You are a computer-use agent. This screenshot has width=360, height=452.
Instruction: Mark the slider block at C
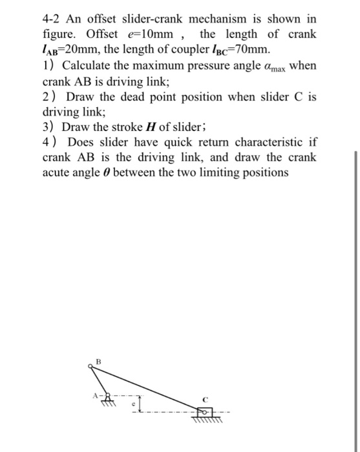tap(202, 410)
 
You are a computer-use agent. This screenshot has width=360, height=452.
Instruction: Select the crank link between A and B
tap(97, 381)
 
